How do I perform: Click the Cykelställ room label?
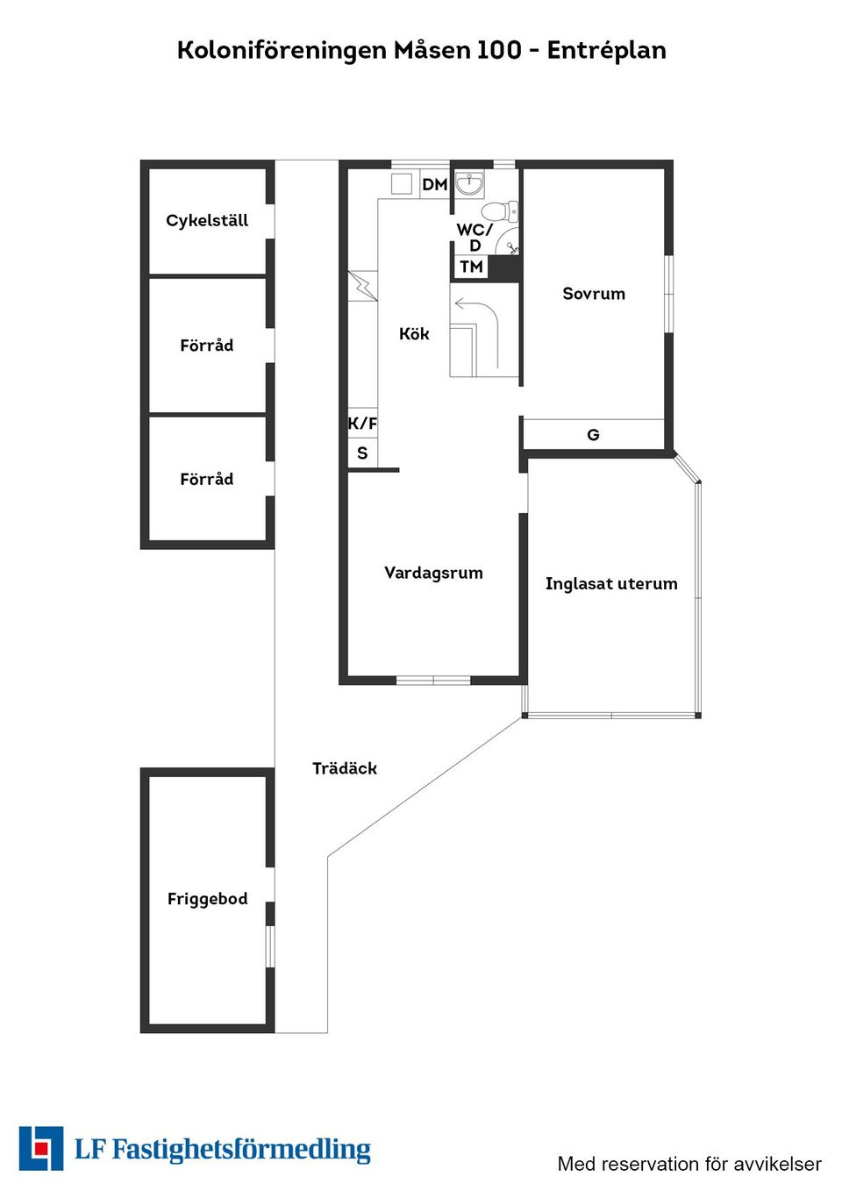(x=207, y=221)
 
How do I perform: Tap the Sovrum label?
(x=594, y=294)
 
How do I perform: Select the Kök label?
(x=414, y=334)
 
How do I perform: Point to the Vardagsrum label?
(x=434, y=573)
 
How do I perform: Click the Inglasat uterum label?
(x=611, y=583)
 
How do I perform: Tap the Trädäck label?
(x=345, y=768)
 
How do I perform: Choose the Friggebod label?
(x=207, y=899)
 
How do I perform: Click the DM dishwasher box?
(x=435, y=184)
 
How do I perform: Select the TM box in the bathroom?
(x=472, y=267)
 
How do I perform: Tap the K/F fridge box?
(x=362, y=424)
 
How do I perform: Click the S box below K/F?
(x=362, y=453)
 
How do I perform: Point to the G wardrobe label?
(x=593, y=435)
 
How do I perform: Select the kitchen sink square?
(x=402, y=184)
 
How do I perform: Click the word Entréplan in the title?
(x=607, y=50)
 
